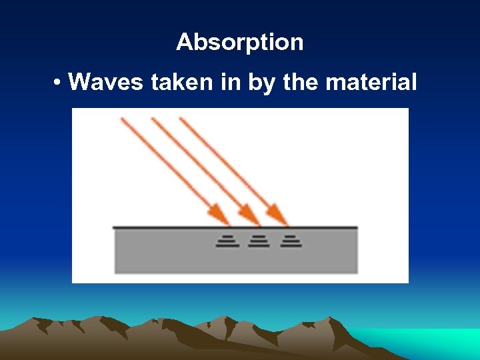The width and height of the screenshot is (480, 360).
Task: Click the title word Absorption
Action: coord(240,43)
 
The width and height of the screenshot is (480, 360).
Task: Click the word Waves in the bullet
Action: coord(107,83)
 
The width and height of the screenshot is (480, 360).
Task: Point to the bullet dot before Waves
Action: coord(59,83)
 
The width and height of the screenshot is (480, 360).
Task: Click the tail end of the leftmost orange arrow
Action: coord(122,119)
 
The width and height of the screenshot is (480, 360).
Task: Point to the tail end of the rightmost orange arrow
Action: coord(181,119)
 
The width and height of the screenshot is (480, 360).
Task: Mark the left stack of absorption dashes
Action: coord(227,241)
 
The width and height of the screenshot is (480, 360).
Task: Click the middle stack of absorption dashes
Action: coord(259,241)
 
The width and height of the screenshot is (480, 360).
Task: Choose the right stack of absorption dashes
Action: coord(291,241)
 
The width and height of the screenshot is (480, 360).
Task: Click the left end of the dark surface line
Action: coord(115,228)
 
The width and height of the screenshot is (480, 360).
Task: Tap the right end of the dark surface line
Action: coord(357,228)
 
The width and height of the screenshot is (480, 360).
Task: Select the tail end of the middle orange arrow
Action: coord(153,119)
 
